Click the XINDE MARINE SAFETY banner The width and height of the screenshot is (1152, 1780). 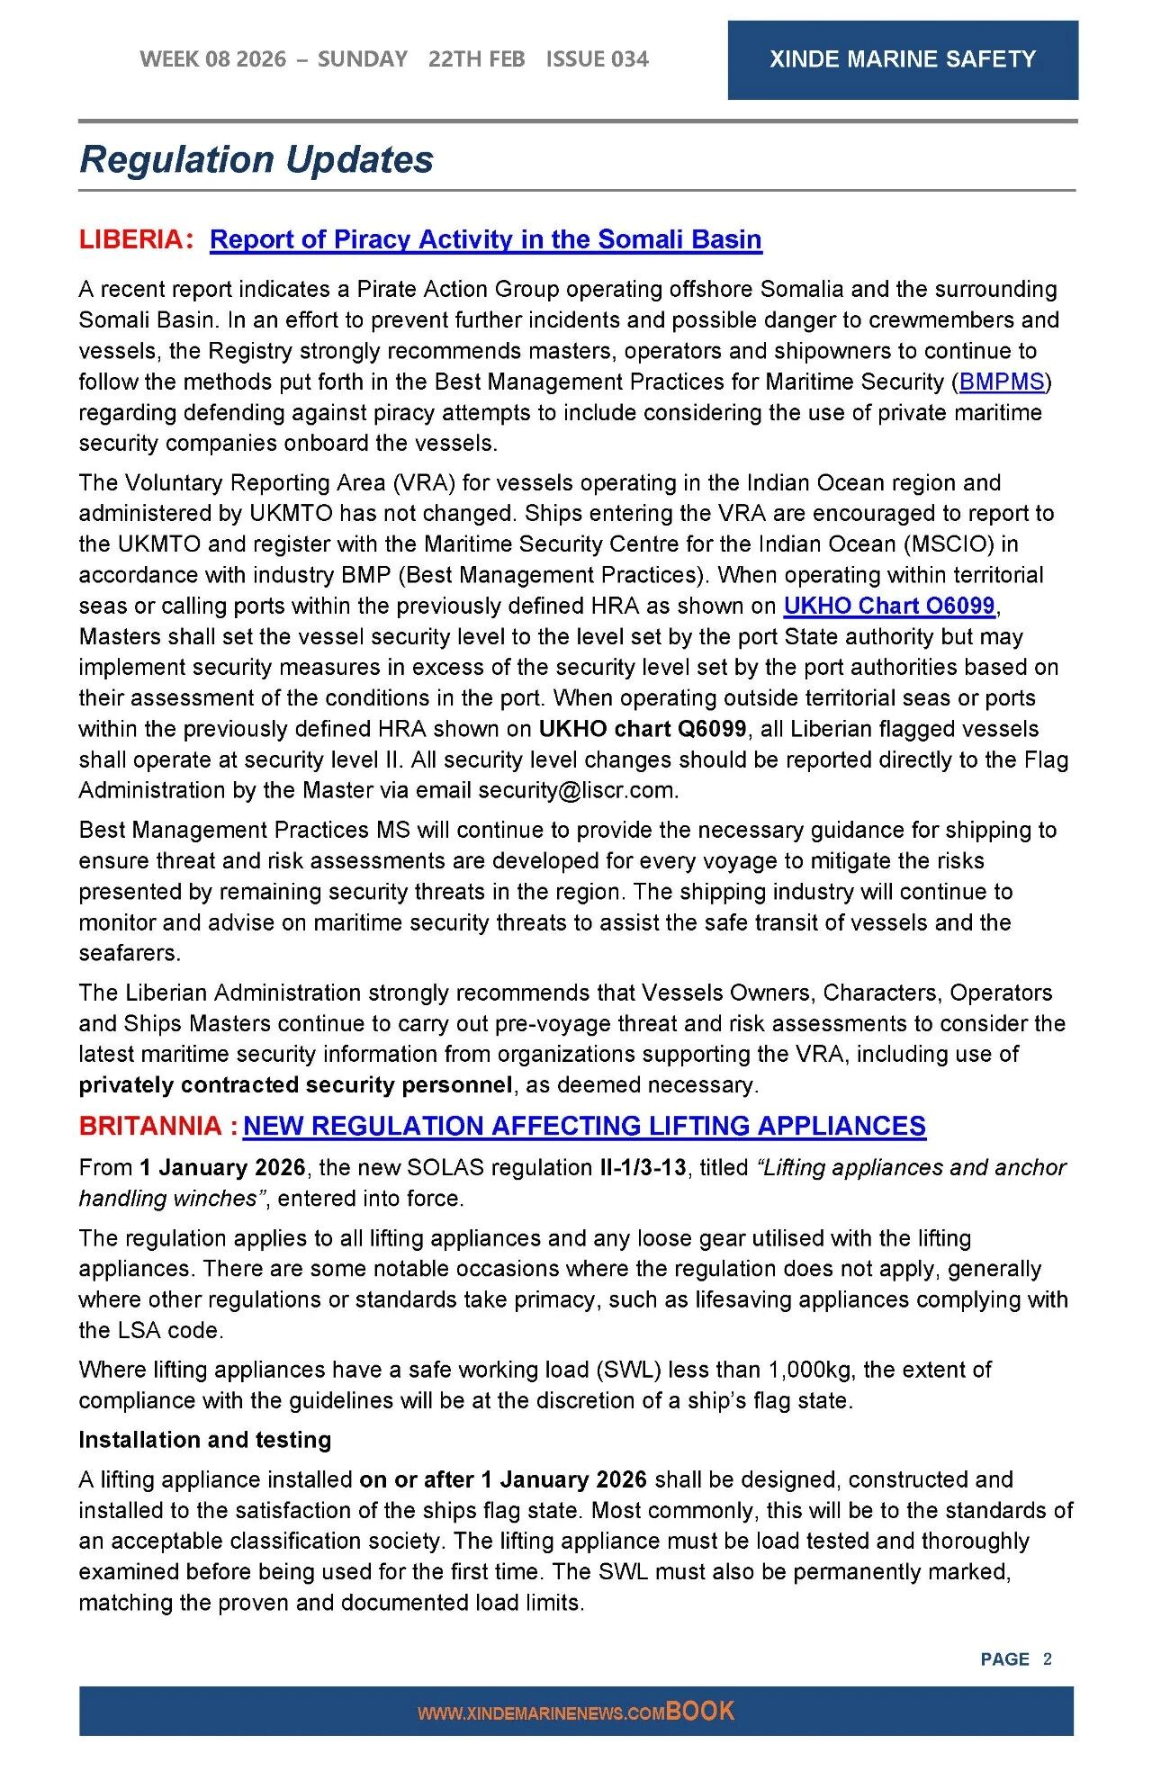click(902, 59)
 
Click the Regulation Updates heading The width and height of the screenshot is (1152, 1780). click(256, 159)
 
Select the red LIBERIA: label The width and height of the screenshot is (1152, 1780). click(136, 239)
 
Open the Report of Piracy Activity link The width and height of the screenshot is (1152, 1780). click(485, 239)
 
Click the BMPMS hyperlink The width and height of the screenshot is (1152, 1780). click(1002, 382)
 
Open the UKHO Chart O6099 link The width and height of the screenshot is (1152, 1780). click(888, 606)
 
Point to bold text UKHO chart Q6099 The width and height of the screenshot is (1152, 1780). click(643, 729)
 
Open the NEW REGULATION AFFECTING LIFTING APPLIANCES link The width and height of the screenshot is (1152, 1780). click(584, 1126)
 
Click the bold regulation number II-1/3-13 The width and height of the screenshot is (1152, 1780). click(643, 1167)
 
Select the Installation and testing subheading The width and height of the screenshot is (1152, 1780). click(205, 1440)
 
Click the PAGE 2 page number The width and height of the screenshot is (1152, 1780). click(1015, 1659)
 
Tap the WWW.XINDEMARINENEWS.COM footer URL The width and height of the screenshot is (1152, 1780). click(541, 1713)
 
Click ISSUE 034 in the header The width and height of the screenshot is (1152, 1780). click(597, 59)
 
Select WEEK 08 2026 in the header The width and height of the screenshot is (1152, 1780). click(213, 59)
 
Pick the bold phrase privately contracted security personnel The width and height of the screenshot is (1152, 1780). click(295, 1084)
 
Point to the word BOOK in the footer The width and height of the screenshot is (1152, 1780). click(700, 1711)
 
